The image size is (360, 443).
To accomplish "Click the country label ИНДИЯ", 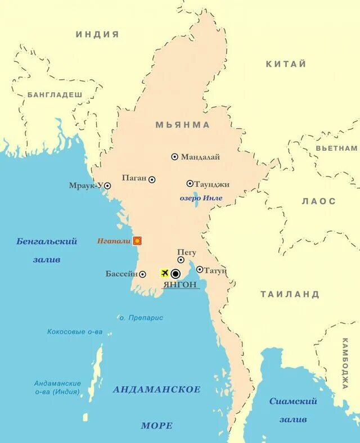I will (97, 34).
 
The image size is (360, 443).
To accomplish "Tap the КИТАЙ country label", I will (286, 64).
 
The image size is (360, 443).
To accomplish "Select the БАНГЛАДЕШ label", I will (55, 95).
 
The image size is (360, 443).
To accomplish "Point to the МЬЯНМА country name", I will (183, 125).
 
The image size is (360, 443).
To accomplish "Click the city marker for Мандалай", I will (174, 157).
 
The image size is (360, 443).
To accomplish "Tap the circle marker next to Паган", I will (152, 179).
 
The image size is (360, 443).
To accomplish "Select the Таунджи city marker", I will (190, 183).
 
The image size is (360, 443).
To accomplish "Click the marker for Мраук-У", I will (107, 186).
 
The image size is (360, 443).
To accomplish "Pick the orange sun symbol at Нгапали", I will (137, 241).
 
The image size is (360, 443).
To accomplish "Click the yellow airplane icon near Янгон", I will (165, 273).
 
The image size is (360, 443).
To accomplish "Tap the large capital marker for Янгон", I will (175, 274).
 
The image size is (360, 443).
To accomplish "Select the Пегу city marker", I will (181, 260).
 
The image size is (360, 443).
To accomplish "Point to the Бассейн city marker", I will (142, 274).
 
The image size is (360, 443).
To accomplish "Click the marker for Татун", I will (200, 269).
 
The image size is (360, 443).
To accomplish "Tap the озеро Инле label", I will (201, 198).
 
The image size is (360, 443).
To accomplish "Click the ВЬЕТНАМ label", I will (336, 148).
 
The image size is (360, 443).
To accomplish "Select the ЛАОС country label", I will (318, 201).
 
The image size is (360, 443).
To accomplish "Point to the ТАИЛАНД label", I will (290, 294).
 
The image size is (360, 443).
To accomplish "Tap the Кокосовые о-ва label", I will (75, 332).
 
